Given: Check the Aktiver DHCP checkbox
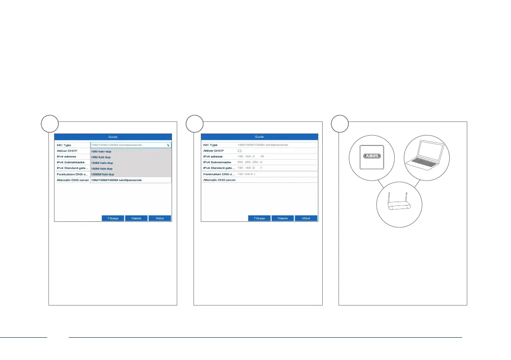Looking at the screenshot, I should point(240,151).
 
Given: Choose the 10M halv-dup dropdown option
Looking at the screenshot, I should point(101,151).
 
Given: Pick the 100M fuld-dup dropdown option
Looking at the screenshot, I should point(102,169).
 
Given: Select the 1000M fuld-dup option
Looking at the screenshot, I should point(103,175).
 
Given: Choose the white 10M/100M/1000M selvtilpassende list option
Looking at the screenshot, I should point(116,180).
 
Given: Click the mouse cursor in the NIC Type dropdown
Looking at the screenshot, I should point(168,146).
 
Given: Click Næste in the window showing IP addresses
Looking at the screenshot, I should point(283,218).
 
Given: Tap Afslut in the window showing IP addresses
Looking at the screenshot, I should point(306,218).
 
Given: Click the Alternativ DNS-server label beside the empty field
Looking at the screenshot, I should point(219,180).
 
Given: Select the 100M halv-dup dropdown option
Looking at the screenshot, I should point(102,163).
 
